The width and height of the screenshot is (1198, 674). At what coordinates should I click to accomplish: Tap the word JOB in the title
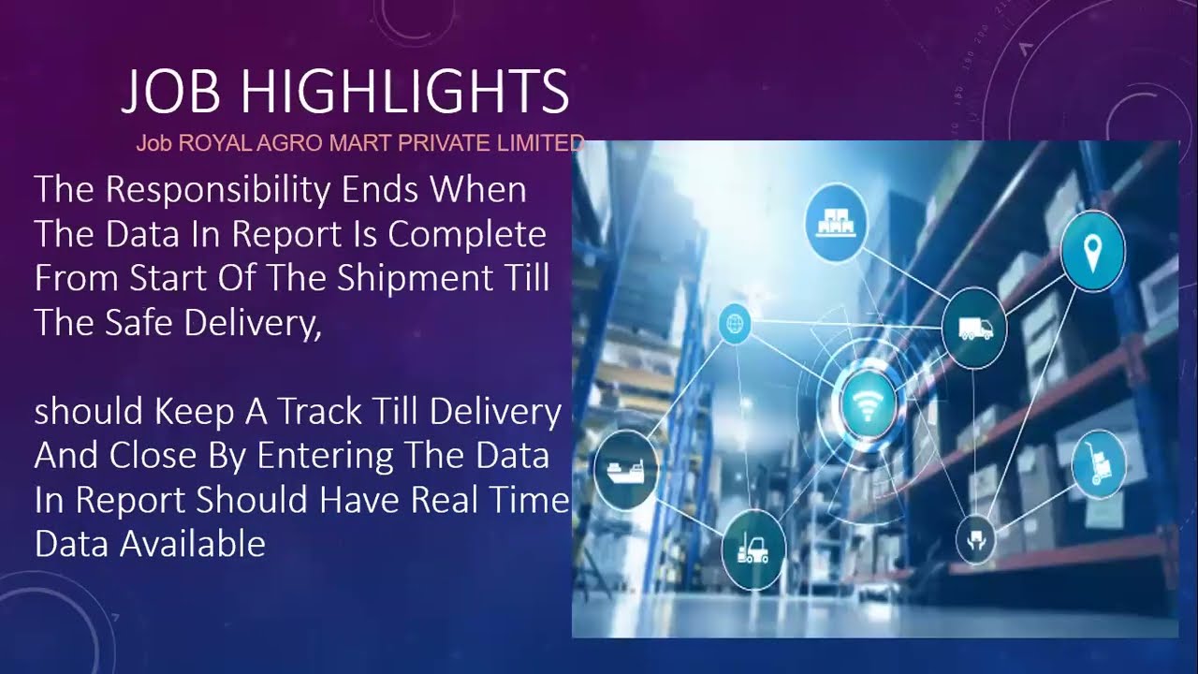171,93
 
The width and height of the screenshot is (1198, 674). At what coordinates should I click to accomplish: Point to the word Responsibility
218,191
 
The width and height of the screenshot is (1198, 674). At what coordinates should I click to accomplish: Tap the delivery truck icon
975,329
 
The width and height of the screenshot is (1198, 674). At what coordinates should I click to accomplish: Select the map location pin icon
1092,248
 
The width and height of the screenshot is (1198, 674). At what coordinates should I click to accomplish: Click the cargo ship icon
625,468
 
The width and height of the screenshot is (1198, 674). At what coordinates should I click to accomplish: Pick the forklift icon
753,549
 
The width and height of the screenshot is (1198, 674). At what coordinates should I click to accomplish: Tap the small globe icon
736,325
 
